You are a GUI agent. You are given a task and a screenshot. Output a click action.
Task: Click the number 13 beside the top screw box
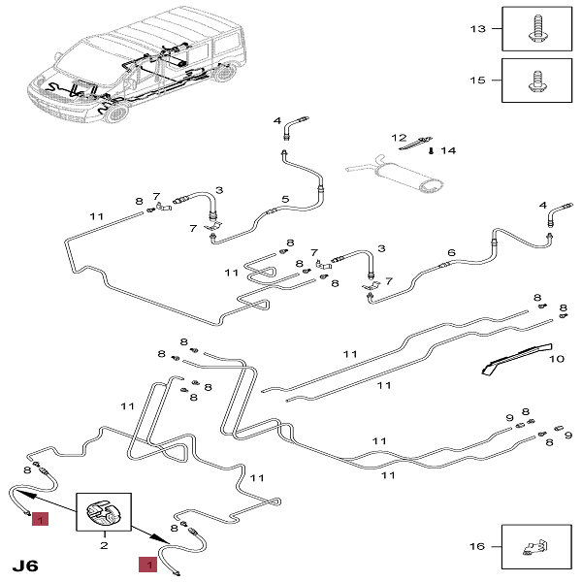click(476, 29)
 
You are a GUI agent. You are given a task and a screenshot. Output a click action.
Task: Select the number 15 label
click(476, 80)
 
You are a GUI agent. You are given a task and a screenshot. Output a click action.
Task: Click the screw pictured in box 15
click(535, 79)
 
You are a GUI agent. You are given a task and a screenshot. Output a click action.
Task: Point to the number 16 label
click(476, 547)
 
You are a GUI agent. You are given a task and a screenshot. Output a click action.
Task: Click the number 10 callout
click(556, 359)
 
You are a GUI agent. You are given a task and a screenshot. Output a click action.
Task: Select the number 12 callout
click(399, 138)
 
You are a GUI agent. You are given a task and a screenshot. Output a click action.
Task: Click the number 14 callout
click(447, 150)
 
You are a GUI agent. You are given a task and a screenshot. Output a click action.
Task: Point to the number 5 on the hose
click(285, 199)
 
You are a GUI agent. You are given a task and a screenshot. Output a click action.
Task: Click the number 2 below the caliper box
click(103, 546)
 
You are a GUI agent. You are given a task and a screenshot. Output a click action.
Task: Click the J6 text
click(26, 564)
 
